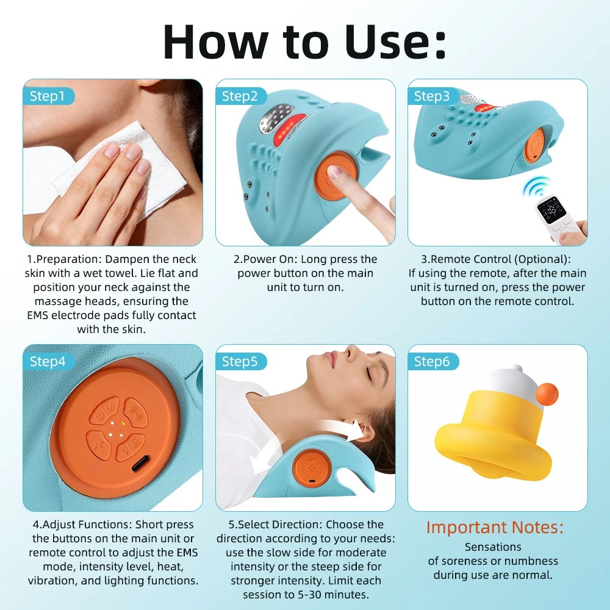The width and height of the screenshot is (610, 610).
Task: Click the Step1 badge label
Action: click(48, 96)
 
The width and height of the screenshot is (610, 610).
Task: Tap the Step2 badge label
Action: click(240, 96)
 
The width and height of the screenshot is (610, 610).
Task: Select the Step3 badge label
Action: click(432, 96)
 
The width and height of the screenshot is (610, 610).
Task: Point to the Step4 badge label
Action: click(48, 361)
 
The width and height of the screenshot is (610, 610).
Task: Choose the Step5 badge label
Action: click(240, 361)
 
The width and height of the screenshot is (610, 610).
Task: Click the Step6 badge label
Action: click(432, 361)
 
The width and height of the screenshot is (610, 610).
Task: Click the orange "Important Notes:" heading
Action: click(495, 528)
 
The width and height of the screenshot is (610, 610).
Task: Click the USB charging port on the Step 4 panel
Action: click(140, 463)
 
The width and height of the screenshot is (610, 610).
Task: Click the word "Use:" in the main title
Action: click(395, 41)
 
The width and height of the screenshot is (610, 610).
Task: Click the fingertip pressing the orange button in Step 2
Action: click(335, 173)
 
